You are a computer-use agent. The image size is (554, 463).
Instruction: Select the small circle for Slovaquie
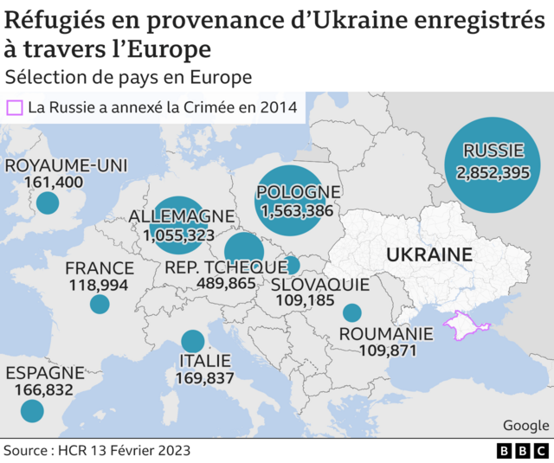click(292, 265)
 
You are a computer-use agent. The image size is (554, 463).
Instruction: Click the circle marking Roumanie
click(351, 312)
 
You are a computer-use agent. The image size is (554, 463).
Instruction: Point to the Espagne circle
click(32, 409)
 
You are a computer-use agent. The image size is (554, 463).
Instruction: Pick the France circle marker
click(100, 304)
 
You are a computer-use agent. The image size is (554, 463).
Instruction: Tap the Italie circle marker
click(192, 342)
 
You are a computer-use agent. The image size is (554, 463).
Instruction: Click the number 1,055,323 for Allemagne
click(179, 235)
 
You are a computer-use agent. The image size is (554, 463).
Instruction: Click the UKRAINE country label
click(428, 254)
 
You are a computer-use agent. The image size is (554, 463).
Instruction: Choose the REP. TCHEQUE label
click(225, 267)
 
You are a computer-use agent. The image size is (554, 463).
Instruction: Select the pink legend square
click(14, 108)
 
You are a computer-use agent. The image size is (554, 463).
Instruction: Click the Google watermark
click(525, 425)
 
